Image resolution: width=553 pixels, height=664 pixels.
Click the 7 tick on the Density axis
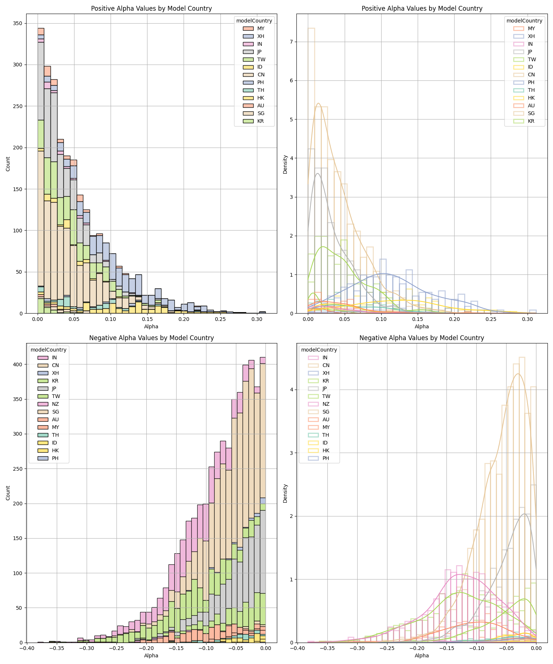click(290, 42)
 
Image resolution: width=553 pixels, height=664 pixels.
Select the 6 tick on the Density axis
click(290, 80)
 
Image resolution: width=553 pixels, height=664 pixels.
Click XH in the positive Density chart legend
click(531, 36)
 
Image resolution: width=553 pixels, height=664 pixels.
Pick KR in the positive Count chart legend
click(261, 121)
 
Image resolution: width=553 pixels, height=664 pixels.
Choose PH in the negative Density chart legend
click(326, 458)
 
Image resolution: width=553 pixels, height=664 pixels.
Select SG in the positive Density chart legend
click(531, 113)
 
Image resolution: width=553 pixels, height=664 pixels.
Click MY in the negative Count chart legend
click(55, 427)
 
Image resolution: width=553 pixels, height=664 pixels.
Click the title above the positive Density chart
click(422, 8)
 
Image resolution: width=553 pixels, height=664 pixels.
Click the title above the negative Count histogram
click(151, 338)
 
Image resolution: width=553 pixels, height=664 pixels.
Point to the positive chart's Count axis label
click(8, 164)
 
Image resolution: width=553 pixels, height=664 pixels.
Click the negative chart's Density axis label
click(285, 493)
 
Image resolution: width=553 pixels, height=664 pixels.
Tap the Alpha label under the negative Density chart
click(422, 656)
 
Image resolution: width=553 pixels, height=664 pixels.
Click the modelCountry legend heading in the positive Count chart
click(254, 21)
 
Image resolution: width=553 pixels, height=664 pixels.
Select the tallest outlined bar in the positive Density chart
click(311, 170)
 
